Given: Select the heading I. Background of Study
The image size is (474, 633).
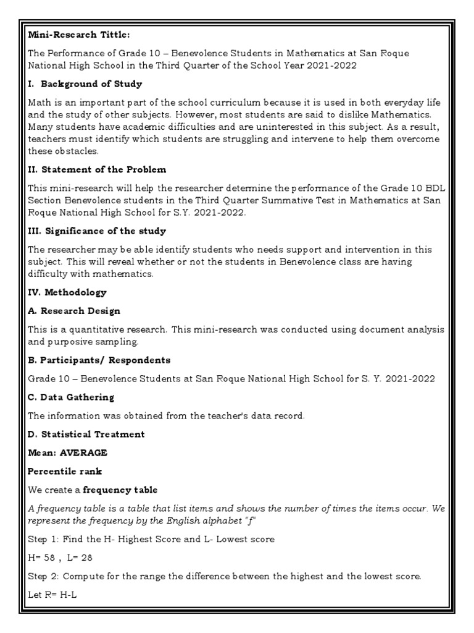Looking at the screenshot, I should pos(85,84).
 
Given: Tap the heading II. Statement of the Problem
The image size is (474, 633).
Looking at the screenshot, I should pos(97,169).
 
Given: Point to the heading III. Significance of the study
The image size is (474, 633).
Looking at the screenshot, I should pos(97,231).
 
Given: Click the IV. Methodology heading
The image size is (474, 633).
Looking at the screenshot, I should pos(67,292).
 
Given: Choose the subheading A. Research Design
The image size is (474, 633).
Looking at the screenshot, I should pos(74,311).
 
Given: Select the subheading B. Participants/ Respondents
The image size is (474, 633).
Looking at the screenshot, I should pos(99,360).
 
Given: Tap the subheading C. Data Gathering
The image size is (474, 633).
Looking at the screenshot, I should pos(71,397).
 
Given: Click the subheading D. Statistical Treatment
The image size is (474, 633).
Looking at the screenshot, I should pos(86,434).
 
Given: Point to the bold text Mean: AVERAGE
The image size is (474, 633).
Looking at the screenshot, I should pos(67,452).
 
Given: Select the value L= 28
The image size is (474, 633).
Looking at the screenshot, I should pos(78,557).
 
